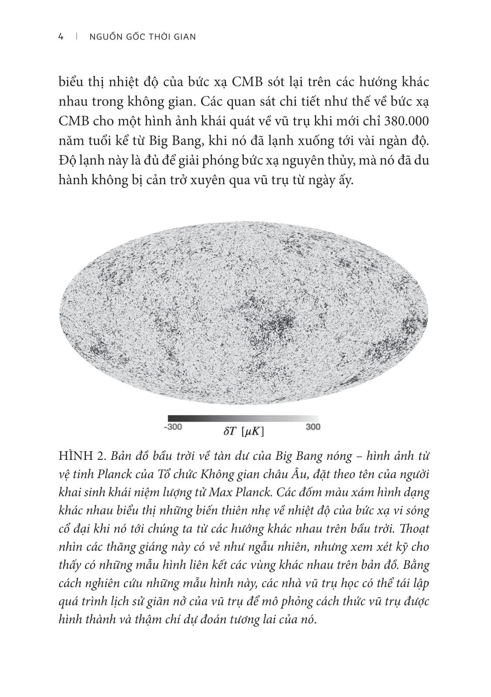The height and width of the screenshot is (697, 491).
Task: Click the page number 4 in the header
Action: click(x=61, y=37)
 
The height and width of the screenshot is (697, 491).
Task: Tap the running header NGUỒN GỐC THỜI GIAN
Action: click(x=142, y=37)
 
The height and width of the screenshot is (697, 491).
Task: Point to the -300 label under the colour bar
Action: click(x=172, y=427)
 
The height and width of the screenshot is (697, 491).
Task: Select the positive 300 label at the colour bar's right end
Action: click(x=313, y=427)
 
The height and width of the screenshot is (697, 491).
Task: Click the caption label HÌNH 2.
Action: click(x=82, y=456)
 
